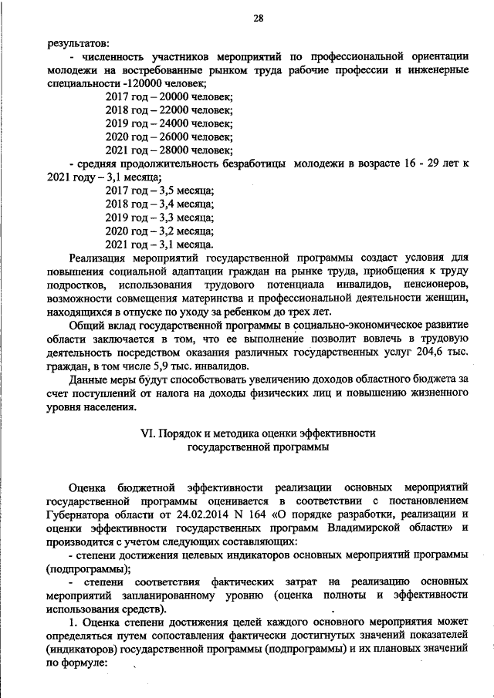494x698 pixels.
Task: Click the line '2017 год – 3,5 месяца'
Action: [x=160, y=190]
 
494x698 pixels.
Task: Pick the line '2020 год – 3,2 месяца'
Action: [x=160, y=230]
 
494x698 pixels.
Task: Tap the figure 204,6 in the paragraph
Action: [x=433, y=353]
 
